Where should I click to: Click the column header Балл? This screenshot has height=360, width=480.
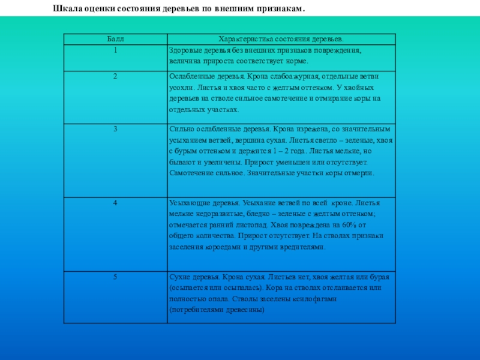tap(115, 38)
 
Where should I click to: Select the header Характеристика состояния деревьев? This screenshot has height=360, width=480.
tap(277, 38)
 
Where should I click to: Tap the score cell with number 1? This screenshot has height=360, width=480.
tap(115, 50)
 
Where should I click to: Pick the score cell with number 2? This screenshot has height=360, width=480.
tap(115, 77)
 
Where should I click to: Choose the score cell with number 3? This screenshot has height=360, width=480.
tap(115, 128)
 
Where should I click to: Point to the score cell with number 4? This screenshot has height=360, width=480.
tap(115, 203)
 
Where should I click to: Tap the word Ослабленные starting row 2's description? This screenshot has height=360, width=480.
tap(193, 77)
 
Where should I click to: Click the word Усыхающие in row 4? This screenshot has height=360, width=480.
tap(189, 203)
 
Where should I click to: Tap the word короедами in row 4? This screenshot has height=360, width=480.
tap(225, 247)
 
